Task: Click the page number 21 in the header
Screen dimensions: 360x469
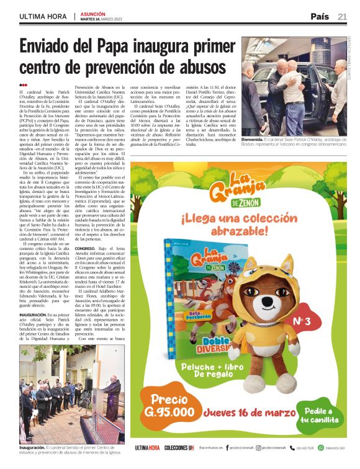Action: (x=343, y=16)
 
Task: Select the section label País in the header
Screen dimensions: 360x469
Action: (x=320, y=16)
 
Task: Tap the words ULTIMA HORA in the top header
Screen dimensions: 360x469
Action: (x=43, y=16)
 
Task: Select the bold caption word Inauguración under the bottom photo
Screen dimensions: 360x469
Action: (x=36, y=448)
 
